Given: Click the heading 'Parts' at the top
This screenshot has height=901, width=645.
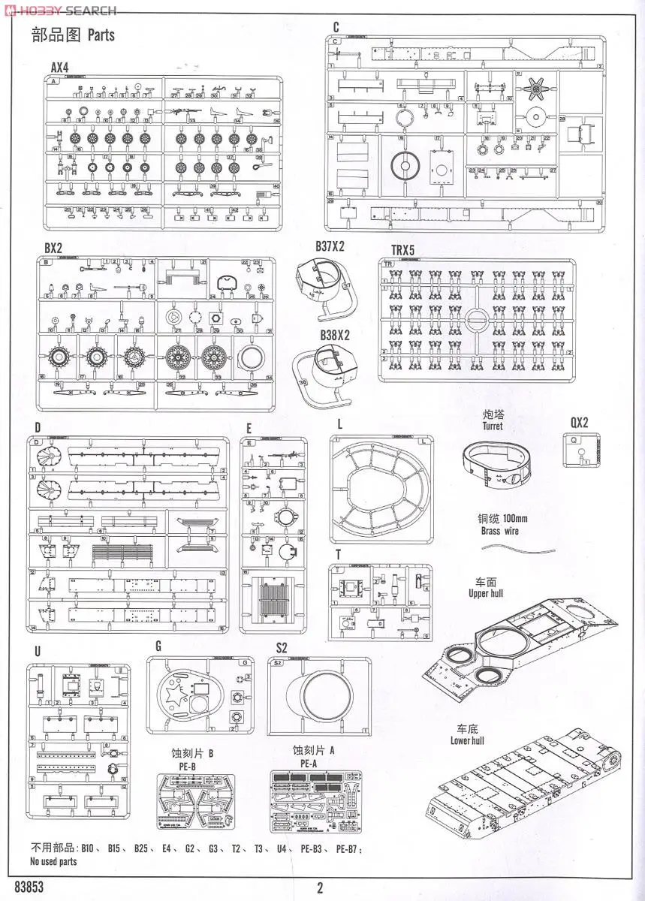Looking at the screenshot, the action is click(x=101, y=35).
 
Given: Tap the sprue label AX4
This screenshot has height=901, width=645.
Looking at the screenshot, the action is click(x=60, y=68).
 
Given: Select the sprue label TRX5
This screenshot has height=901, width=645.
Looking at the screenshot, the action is click(x=408, y=249).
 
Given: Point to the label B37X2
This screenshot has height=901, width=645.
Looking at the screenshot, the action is click(x=330, y=246).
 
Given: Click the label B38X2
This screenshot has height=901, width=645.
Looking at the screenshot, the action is click(x=335, y=336).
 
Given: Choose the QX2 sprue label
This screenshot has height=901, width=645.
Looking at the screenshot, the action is click(x=579, y=422).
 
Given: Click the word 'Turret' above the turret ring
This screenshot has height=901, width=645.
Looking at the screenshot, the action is click(x=493, y=426).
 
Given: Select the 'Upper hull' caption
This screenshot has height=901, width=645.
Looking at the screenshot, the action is click(x=486, y=593).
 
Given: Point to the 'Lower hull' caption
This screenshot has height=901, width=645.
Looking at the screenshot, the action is click(x=467, y=740).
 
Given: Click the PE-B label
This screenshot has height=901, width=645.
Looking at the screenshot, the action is click(x=183, y=765).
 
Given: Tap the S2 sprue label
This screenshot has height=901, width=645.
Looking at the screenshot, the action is click(x=282, y=647).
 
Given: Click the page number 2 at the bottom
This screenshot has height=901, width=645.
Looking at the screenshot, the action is click(x=320, y=887).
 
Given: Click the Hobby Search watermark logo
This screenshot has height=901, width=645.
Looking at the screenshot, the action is click(x=60, y=11).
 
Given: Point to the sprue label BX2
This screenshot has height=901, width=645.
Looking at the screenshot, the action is click(x=53, y=248).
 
